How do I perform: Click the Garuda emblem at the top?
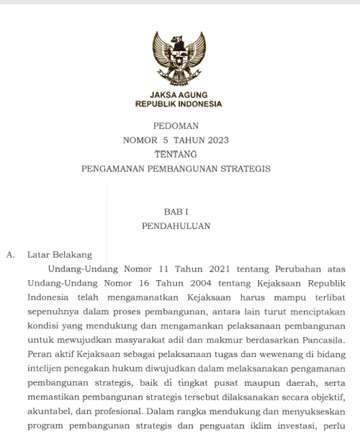tap(179, 59)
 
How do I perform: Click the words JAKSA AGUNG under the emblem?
tap(179, 95)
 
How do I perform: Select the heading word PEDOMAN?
tap(176, 126)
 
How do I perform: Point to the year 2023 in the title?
tap(217, 140)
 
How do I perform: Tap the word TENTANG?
tap(176, 154)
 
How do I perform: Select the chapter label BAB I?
tap(176, 212)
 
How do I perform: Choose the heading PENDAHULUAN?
tap(176, 226)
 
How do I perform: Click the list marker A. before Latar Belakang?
tap(10, 254)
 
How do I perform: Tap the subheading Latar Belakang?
tap(59, 254)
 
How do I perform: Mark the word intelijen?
tap(46, 369)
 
